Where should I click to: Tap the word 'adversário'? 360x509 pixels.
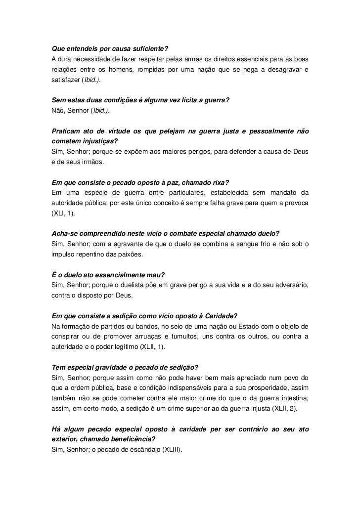pos(291,286)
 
